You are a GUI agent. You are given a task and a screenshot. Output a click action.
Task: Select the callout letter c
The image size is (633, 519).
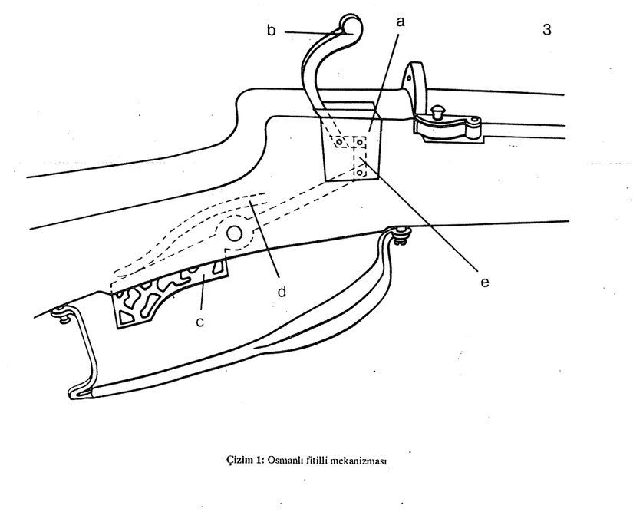point(199,322)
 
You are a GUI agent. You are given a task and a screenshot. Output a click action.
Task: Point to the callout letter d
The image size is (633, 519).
point(282,292)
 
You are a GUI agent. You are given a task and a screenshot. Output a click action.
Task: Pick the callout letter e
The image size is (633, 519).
point(484,282)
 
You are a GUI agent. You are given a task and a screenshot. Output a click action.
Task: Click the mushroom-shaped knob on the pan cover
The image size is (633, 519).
point(440,111)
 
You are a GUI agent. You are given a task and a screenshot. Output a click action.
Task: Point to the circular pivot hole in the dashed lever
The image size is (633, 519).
point(234,233)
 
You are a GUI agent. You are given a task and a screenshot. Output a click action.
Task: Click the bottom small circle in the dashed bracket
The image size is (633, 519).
point(359,174)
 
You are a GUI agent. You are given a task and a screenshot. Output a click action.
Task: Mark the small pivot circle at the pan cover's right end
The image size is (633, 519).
point(475,121)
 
